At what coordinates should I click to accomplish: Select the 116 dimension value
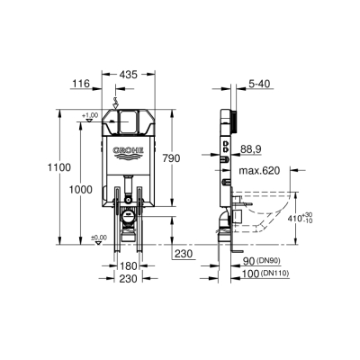81,82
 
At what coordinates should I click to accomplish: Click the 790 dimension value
197,158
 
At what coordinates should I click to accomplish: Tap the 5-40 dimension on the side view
260,82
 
